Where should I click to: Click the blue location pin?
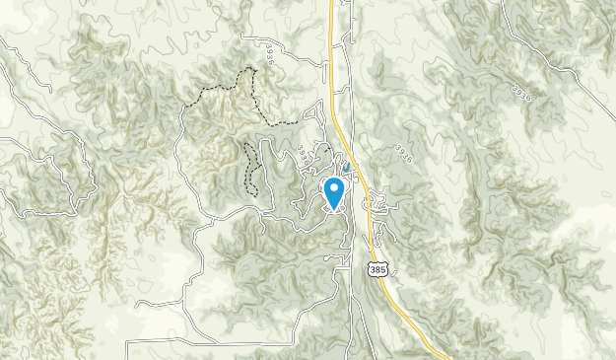334,191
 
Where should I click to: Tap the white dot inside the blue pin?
334,187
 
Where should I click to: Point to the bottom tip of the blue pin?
334,209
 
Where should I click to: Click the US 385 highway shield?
376,267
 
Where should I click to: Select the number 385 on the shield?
376,269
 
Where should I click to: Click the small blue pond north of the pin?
347,168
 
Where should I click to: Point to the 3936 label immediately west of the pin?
307,158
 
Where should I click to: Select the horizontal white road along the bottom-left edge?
197,341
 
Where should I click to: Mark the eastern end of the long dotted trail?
297,121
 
